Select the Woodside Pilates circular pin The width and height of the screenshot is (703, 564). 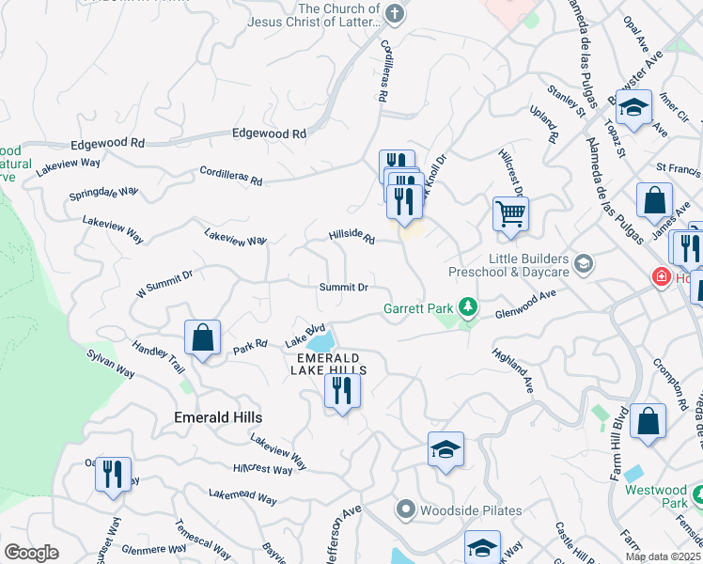click(x=405, y=510)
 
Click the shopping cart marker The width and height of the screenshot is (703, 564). click(x=510, y=213)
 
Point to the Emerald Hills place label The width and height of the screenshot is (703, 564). click(x=218, y=416)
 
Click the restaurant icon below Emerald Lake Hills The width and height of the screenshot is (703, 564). click(x=341, y=390)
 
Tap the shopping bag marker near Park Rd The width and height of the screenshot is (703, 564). click(x=202, y=337)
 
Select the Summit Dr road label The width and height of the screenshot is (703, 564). click(x=342, y=287)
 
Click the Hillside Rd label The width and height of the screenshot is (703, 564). click(x=351, y=239)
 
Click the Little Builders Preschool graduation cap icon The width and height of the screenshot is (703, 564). click(x=584, y=263)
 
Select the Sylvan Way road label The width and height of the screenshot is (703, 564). click(x=111, y=365)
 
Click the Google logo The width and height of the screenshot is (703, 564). click(x=31, y=553)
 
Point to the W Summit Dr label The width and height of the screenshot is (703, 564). click(x=164, y=283)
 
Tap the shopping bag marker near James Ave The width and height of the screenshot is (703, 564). click(x=654, y=200)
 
